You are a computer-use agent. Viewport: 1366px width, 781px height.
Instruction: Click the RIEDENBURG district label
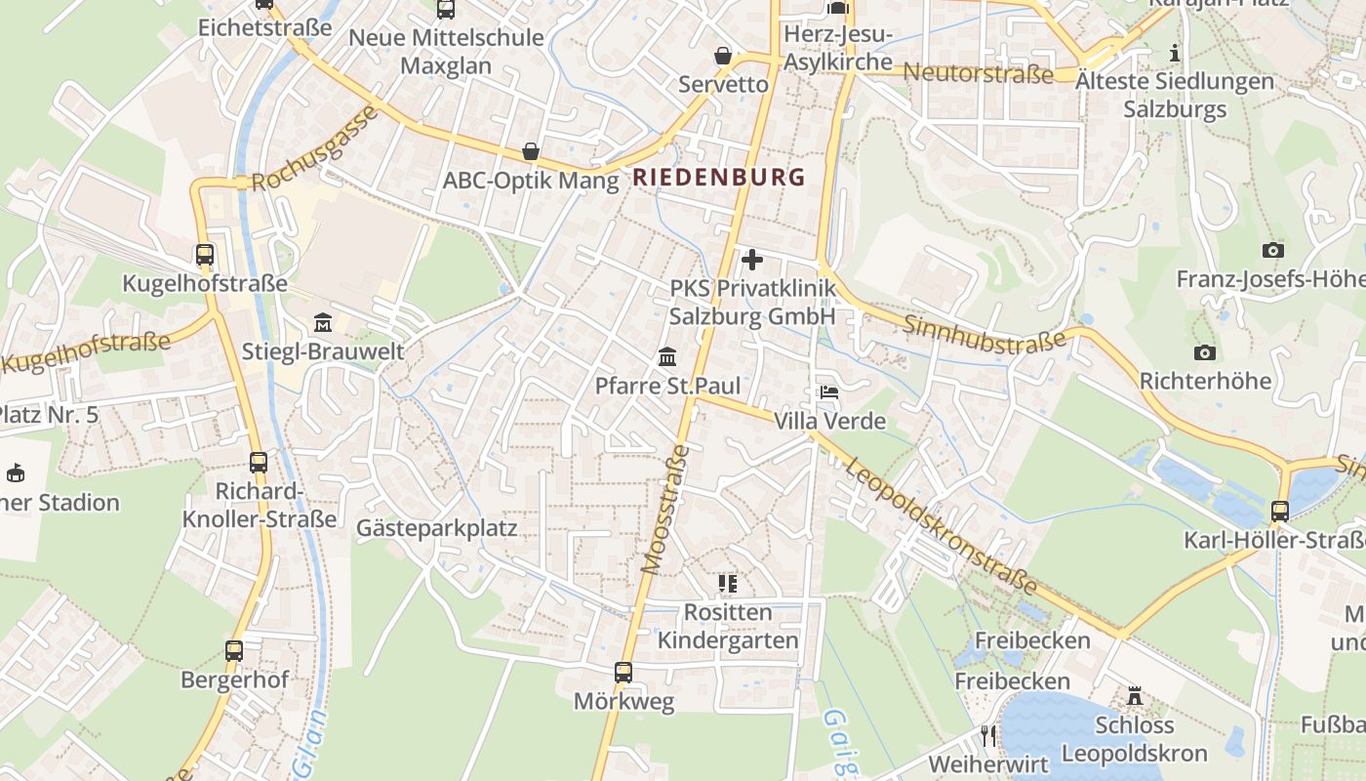[719, 177]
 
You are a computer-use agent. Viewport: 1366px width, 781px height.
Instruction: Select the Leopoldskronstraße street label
[942, 524]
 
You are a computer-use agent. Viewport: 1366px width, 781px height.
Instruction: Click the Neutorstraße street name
[979, 73]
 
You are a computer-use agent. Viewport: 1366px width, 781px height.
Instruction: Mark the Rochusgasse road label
[315, 149]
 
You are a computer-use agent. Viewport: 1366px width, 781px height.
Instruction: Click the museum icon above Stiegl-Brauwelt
[322, 322]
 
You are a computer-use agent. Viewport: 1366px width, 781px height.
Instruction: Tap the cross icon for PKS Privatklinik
[752, 260]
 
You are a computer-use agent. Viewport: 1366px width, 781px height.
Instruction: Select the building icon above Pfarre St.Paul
[667, 356]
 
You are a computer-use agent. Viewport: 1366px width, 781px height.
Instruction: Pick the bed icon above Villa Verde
[829, 392]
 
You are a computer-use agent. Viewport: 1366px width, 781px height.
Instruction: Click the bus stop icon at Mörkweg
[623, 673]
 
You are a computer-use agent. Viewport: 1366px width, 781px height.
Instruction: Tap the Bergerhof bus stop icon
[234, 650]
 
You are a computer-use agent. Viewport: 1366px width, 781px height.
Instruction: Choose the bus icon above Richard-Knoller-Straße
[259, 462]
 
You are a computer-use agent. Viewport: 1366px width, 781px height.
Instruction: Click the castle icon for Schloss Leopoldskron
[1134, 696]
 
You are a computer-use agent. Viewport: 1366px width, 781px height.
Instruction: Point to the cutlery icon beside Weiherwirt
[989, 735]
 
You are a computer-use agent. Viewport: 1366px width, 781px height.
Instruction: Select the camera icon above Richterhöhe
[1205, 352]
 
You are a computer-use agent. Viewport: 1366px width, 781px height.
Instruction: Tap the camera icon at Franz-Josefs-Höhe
[1272, 251]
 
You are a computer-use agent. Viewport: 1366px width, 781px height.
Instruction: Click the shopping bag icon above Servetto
[723, 56]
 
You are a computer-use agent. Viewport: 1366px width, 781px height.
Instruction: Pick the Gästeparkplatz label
[436, 528]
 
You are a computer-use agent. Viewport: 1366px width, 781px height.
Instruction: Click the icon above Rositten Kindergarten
[727, 584]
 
